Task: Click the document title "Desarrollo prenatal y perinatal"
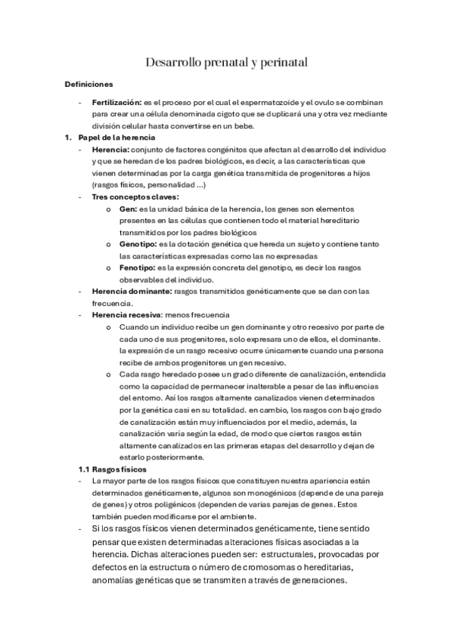(226, 63)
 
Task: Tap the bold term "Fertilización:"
(116, 101)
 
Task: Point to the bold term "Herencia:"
(107, 150)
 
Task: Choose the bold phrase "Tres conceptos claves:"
(130, 197)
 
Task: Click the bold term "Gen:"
(128, 209)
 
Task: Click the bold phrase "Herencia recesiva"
(129, 314)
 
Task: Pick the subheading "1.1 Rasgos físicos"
(112, 469)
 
